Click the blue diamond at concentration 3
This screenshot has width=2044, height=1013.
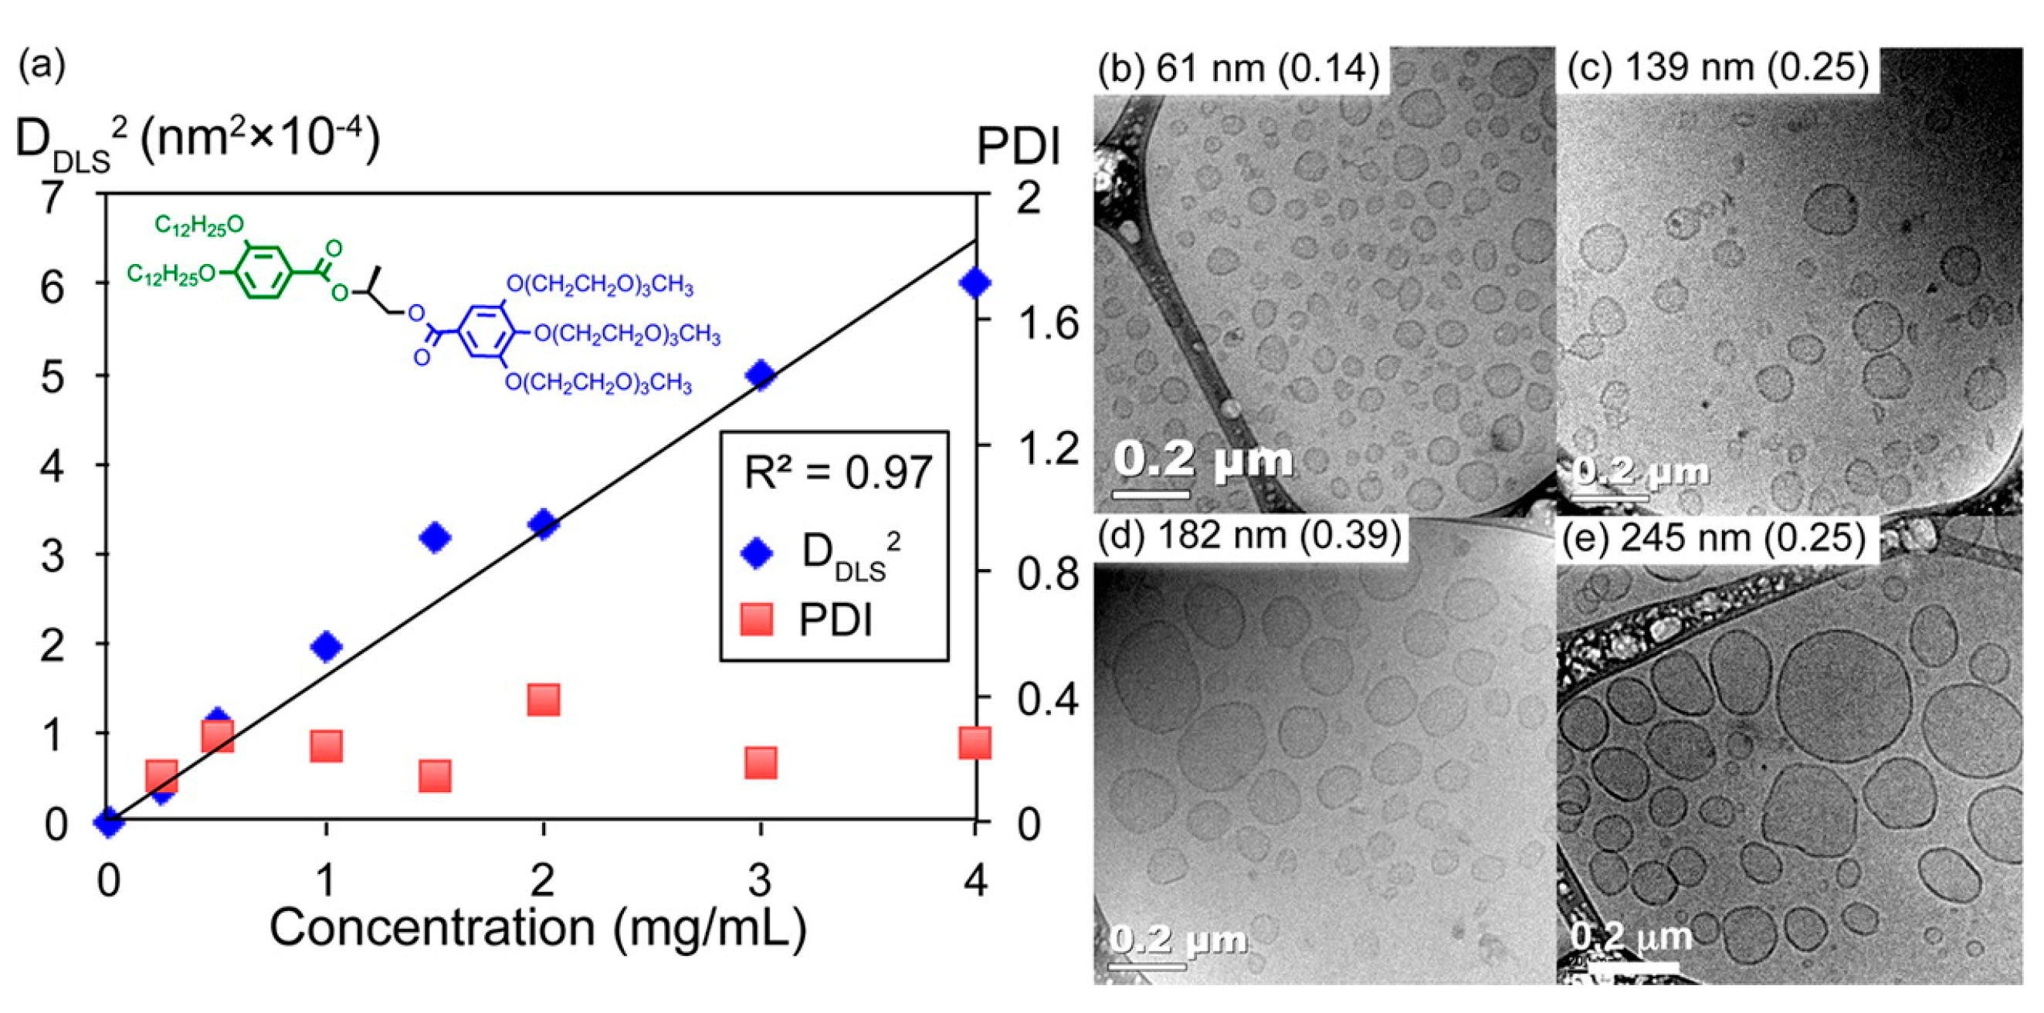click(x=760, y=374)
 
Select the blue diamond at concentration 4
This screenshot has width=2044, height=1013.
click(x=975, y=283)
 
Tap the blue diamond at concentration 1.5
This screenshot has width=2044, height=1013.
click(x=434, y=538)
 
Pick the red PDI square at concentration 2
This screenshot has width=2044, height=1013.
click(x=544, y=700)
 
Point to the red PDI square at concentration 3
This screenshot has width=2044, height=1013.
click(x=760, y=762)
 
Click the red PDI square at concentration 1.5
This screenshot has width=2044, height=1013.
click(x=434, y=776)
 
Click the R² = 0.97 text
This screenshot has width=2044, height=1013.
click(x=837, y=473)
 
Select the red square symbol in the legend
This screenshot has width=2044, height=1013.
click(x=756, y=618)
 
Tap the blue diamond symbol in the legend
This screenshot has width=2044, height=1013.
click(x=756, y=553)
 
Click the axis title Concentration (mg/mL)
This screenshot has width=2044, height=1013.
click(x=538, y=927)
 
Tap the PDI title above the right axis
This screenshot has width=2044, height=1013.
click(x=1018, y=147)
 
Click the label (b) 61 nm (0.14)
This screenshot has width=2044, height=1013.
click(x=1238, y=68)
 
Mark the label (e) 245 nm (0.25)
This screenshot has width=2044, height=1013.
click(x=1715, y=538)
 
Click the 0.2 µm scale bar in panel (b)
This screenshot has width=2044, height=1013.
click(x=1151, y=494)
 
